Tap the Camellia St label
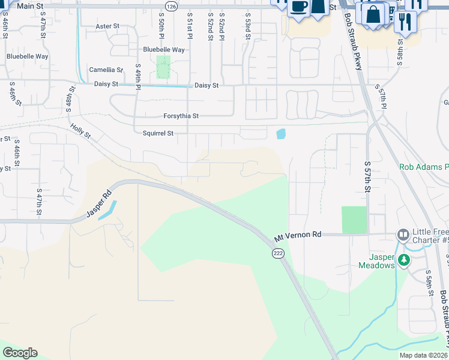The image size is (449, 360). click(x=106, y=70)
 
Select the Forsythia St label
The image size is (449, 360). click(x=181, y=116)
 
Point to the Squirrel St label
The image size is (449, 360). click(x=158, y=133)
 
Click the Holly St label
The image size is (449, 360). click(x=80, y=131)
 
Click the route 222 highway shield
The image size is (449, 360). click(x=277, y=254)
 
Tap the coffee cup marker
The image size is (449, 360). click(x=298, y=7)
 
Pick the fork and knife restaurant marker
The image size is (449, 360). click(x=406, y=22)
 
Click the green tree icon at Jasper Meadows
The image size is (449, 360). click(x=405, y=260)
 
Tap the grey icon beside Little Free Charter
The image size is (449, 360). click(x=402, y=234)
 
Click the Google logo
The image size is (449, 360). click(x=20, y=353)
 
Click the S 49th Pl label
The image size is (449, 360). click(x=138, y=76)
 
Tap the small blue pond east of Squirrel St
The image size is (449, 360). click(x=280, y=134)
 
